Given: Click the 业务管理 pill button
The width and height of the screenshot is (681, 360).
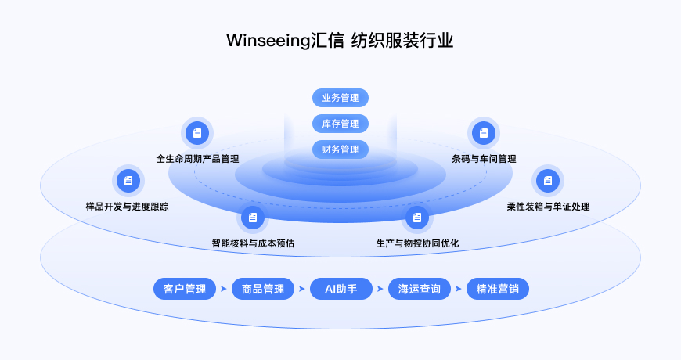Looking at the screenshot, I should click(x=340, y=98).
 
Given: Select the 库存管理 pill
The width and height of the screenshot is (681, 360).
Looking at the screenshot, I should click(x=340, y=124).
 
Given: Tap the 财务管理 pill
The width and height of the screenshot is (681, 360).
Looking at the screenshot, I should click(x=340, y=149).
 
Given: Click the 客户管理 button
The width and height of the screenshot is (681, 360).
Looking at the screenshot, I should click(x=185, y=289).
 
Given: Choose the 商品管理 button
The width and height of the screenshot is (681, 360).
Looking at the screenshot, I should click(x=263, y=289).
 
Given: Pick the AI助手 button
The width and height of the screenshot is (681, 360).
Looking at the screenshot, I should click(x=340, y=289).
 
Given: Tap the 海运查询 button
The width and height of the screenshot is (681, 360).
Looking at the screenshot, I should click(x=420, y=289).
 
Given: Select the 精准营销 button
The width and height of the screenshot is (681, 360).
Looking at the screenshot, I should click(x=498, y=289).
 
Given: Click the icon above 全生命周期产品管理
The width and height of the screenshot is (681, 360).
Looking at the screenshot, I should click(x=197, y=133).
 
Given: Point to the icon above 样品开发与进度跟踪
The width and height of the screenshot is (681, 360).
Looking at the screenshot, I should click(x=128, y=181).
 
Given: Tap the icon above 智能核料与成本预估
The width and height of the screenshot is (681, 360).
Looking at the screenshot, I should click(x=252, y=217).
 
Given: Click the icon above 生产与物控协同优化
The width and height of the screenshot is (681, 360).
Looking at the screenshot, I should click(x=417, y=217).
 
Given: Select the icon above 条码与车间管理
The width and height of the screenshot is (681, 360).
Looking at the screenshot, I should click(x=484, y=133).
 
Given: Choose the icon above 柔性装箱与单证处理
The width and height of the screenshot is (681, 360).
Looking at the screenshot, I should click(x=547, y=181).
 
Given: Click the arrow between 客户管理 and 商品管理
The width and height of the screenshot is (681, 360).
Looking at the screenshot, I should click(x=224, y=289).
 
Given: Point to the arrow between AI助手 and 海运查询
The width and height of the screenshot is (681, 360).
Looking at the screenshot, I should click(x=380, y=289).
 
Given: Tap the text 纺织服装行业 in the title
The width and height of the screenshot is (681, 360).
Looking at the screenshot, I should click(x=403, y=41).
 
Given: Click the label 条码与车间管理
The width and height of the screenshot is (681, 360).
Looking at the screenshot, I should click(x=484, y=159).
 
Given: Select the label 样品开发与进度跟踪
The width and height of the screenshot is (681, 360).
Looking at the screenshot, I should click(x=127, y=207).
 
